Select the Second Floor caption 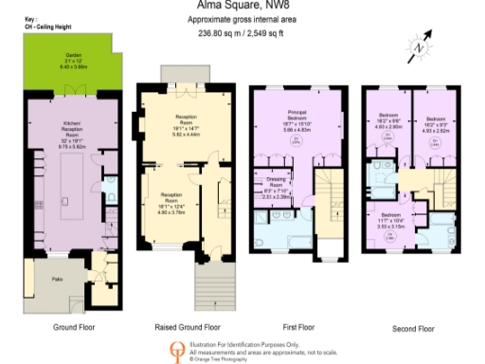tap(413, 328)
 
